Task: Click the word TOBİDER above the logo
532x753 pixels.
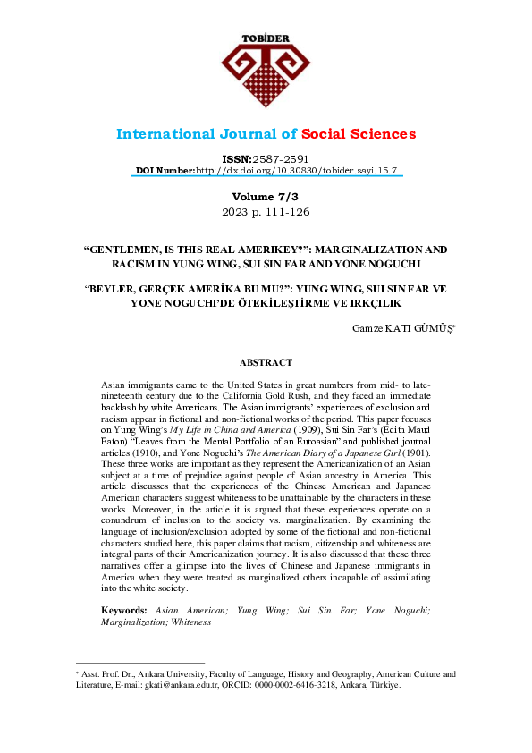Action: pos(266,38)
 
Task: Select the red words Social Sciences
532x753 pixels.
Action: pos(358,134)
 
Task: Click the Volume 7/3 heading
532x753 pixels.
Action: pos(266,196)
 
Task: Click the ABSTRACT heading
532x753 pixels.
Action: pos(266,362)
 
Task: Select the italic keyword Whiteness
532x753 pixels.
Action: pos(191,622)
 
